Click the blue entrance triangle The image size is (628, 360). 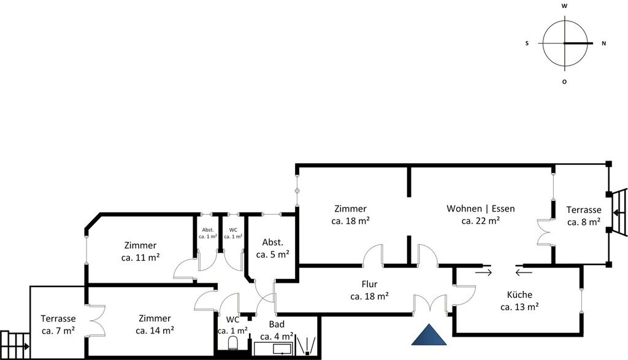pos(429,336)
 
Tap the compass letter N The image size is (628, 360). pos(604,44)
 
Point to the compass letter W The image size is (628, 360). pos(564,6)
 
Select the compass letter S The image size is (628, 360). pos(527,44)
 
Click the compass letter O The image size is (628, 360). pos(564,82)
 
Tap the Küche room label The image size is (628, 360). pos(519,301)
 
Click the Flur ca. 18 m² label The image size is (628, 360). pos(369,290)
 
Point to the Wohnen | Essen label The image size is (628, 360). pos(481,214)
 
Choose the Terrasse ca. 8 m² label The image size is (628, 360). pos(584,215)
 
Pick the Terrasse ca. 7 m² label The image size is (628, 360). pos(58,324)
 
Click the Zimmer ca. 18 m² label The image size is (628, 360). pos(350,214)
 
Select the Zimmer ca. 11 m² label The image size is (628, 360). pos(140,251)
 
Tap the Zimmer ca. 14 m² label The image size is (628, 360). pos(155,324)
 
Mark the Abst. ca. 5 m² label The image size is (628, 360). pos(273,248)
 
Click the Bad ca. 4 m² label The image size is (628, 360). pos(277,330)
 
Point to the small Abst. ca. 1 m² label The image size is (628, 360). pos(208,233)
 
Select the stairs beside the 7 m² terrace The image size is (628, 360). pos(15,345)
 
